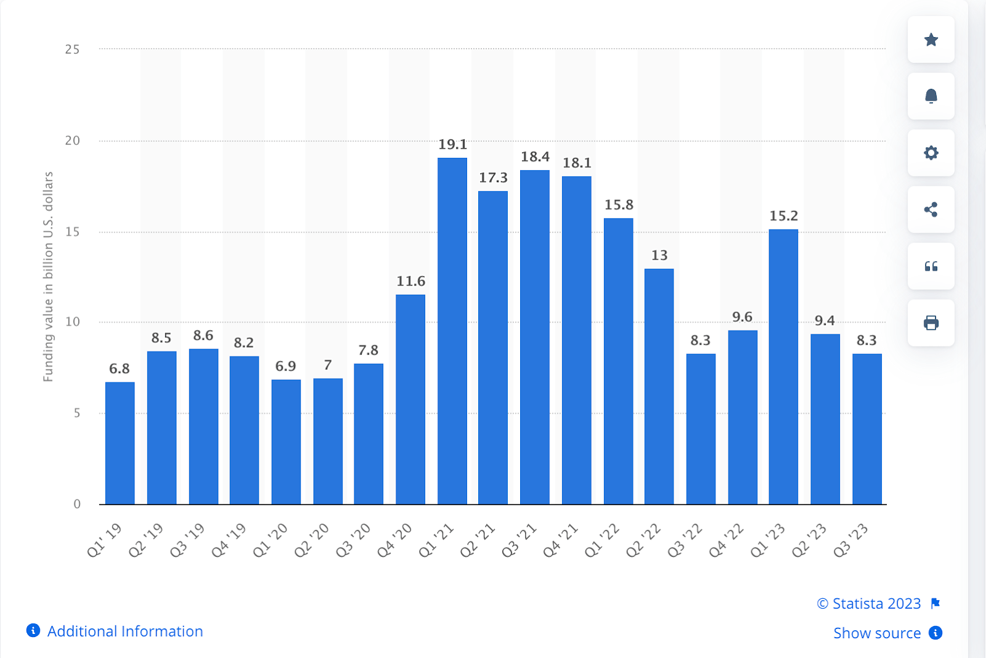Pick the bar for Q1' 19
(120, 443)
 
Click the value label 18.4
(535, 157)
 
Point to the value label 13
(659, 255)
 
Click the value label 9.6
(742, 317)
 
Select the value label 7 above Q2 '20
(328, 365)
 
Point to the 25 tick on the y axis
(72, 49)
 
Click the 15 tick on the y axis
(72, 232)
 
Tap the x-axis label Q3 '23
(851, 541)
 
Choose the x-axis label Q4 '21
(561, 541)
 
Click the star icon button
(931, 40)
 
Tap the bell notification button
(931, 96)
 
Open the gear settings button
(931, 153)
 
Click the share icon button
(931, 210)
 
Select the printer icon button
(931, 323)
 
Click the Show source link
(877, 633)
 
